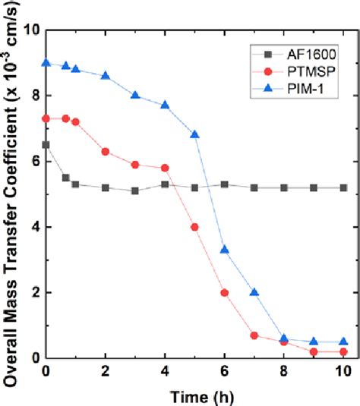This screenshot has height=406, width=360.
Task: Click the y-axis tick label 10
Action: tap(31, 30)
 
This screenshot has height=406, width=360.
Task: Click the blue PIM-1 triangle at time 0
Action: tap(46, 63)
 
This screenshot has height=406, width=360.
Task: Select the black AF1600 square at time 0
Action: tap(46, 144)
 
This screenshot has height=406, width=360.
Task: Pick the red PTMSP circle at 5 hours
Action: tap(195, 227)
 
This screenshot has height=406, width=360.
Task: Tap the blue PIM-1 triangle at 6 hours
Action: tap(225, 250)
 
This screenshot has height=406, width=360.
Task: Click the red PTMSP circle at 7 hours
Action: tap(254, 335)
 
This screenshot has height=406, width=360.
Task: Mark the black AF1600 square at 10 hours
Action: tap(343, 187)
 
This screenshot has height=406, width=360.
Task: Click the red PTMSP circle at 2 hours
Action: tap(106, 152)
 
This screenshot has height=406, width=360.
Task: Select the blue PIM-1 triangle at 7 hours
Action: tap(254, 292)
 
